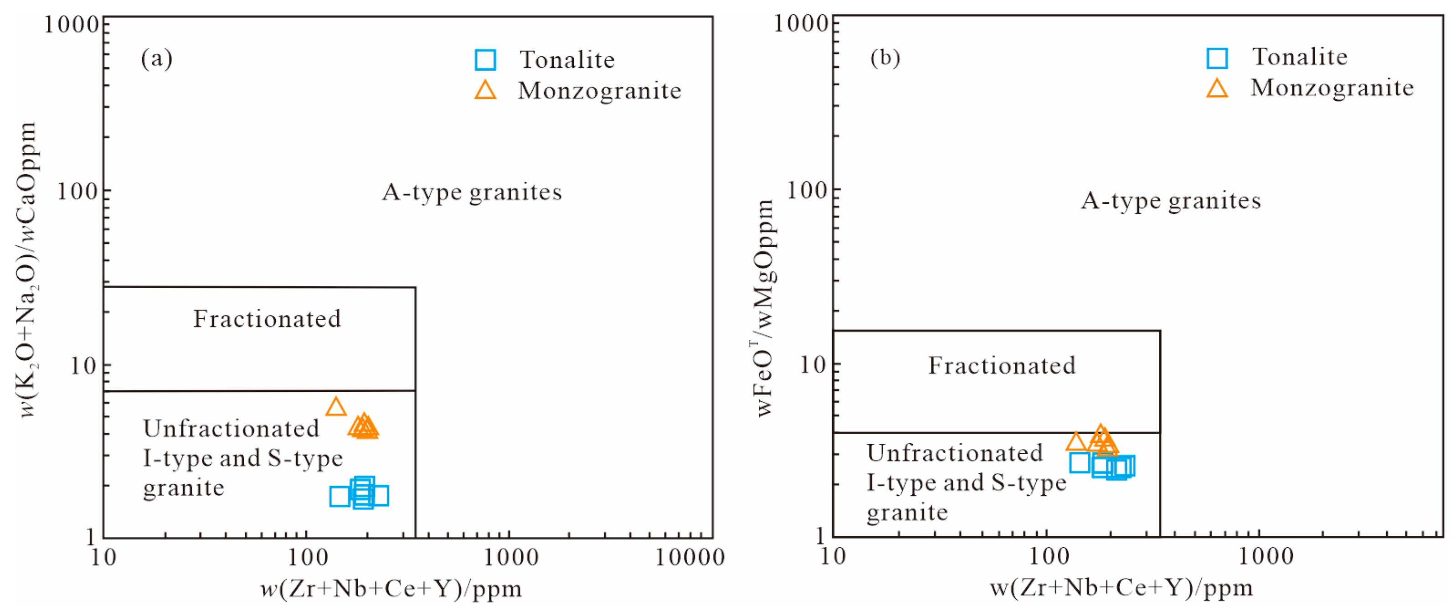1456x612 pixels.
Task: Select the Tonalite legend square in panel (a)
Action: point(485,59)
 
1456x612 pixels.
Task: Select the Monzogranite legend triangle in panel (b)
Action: point(1216,89)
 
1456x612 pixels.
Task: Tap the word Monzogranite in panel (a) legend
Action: point(599,90)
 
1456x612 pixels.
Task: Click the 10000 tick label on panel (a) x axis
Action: point(689,558)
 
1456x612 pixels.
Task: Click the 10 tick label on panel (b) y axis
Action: point(812,365)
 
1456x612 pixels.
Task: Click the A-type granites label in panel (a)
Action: point(472,192)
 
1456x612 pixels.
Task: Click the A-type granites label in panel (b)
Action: point(1171,201)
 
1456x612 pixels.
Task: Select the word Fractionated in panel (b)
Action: point(1002,365)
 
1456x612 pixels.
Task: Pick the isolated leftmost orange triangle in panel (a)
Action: point(336,407)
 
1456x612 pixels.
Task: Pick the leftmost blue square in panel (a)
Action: point(340,497)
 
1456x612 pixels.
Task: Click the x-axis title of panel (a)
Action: point(391,589)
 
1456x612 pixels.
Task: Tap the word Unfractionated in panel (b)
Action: point(955,453)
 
